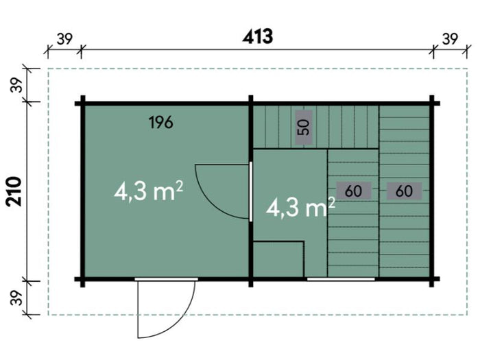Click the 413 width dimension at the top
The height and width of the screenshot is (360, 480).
click(x=257, y=37)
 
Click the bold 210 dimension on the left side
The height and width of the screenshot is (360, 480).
click(x=14, y=191)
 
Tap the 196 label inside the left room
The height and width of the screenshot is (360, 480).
click(x=161, y=123)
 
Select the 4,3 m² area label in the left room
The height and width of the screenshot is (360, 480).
click(x=149, y=191)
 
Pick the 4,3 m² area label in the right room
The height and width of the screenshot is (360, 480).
click(x=300, y=207)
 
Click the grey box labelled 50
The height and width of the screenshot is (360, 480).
click(x=304, y=128)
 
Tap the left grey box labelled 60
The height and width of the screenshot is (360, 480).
click(x=354, y=191)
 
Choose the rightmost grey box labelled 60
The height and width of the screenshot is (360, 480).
click(x=405, y=191)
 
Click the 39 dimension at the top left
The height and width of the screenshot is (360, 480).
click(x=65, y=39)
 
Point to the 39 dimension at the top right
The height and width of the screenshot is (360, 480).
click(x=450, y=39)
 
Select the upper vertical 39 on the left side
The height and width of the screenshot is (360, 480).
click(x=17, y=85)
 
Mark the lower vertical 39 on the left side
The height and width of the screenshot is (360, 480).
click(x=17, y=298)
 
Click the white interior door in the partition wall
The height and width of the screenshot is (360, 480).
click(x=251, y=191)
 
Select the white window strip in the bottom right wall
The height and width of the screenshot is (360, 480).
click(x=341, y=279)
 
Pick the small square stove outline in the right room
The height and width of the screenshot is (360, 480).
click(x=278, y=259)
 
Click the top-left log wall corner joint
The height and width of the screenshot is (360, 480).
click(x=83, y=104)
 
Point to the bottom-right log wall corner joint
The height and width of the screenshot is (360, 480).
click(x=431, y=279)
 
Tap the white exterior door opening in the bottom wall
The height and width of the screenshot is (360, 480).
click(x=166, y=279)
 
